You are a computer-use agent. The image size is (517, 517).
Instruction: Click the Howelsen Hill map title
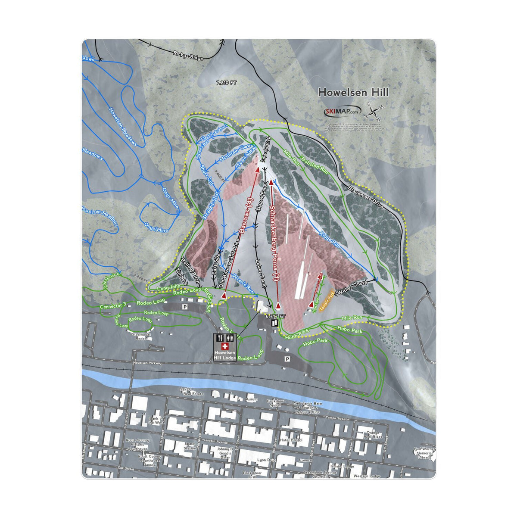click(x=353, y=92)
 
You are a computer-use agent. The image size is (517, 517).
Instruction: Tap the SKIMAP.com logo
click(x=341, y=112)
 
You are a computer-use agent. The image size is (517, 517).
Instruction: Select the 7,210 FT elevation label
click(x=227, y=81)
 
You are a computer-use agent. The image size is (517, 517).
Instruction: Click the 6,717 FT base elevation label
click(x=276, y=316)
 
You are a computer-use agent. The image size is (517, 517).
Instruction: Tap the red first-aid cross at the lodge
click(x=224, y=346)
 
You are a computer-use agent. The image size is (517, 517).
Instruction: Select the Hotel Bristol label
click(x=291, y=440)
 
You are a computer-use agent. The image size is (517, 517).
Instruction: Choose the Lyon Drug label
click(x=266, y=460)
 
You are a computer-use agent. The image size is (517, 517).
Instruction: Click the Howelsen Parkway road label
click(x=147, y=363)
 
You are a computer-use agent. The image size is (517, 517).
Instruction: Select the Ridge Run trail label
click(x=330, y=240)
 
